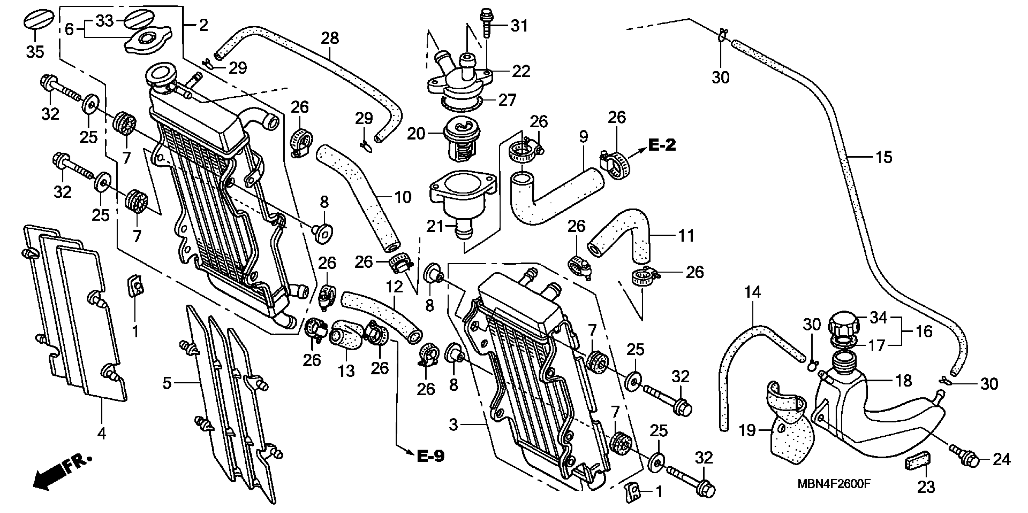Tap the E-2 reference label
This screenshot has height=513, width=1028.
point(662,145)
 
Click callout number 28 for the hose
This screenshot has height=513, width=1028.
point(330,38)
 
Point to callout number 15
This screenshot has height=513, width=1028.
point(884,157)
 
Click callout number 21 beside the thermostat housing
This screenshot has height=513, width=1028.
point(435,226)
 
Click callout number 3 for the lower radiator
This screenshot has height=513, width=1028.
point(453,425)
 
